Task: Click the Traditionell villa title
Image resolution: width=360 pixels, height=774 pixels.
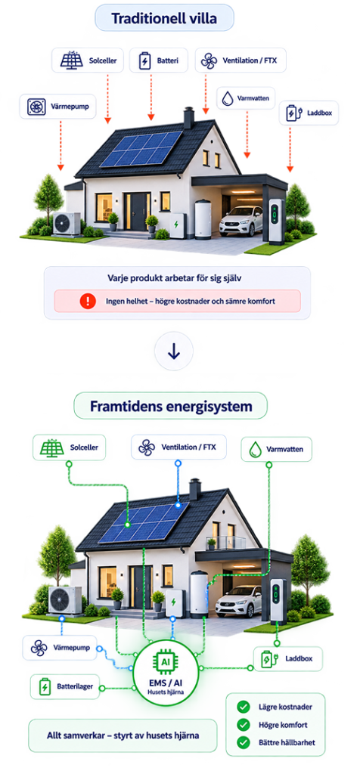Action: pyautogui.click(x=164, y=18)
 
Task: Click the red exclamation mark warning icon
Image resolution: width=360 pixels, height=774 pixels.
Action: pyautogui.click(x=88, y=301)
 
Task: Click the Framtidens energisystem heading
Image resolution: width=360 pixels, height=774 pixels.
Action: pyautogui.click(x=171, y=406)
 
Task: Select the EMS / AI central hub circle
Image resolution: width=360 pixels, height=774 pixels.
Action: pyautogui.click(x=166, y=670)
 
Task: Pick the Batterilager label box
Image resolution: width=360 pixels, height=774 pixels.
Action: pyautogui.click(x=65, y=686)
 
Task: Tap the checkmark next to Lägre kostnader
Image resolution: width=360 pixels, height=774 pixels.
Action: pyautogui.click(x=243, y=707)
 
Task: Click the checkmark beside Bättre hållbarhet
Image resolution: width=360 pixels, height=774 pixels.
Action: pyautogui.click(x=243, y=742)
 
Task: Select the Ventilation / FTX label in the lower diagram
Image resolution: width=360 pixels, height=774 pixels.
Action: pyautogui.click(x=178, y=447)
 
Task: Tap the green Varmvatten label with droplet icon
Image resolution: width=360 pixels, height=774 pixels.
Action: pyautogui.click(x=277, y=449)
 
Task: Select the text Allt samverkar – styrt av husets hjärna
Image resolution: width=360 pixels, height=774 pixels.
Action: pyautogui.click(x=123, y=735)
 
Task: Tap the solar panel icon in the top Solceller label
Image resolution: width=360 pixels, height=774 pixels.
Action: pyautogui.click(x=72, y=60)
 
